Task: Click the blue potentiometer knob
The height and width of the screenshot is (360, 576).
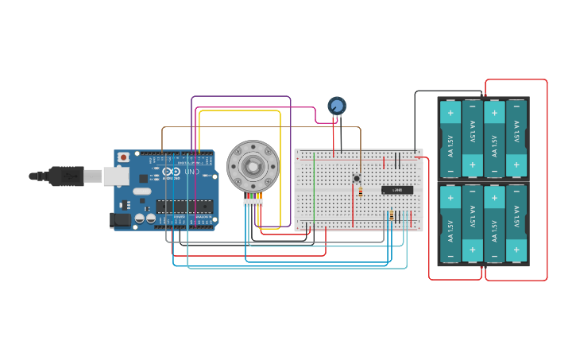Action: point(337,106)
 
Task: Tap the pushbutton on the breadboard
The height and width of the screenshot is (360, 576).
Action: point(357,178)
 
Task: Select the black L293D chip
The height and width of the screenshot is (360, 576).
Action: point(396,190)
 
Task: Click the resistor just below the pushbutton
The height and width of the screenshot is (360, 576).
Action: point(360,192)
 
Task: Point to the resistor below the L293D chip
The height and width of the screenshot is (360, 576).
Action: point(392,215)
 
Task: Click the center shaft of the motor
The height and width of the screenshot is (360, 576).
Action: point(253,166)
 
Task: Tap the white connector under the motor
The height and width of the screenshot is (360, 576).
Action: point(253,203)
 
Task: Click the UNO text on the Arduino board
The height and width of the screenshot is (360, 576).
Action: point(191,172)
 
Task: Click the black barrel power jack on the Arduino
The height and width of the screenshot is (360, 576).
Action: point(121,220)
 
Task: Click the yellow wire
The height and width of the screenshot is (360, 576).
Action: point(238,111)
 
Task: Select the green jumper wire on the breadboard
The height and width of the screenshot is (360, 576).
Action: point(314,191)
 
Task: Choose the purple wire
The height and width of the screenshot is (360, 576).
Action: point(238,97)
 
